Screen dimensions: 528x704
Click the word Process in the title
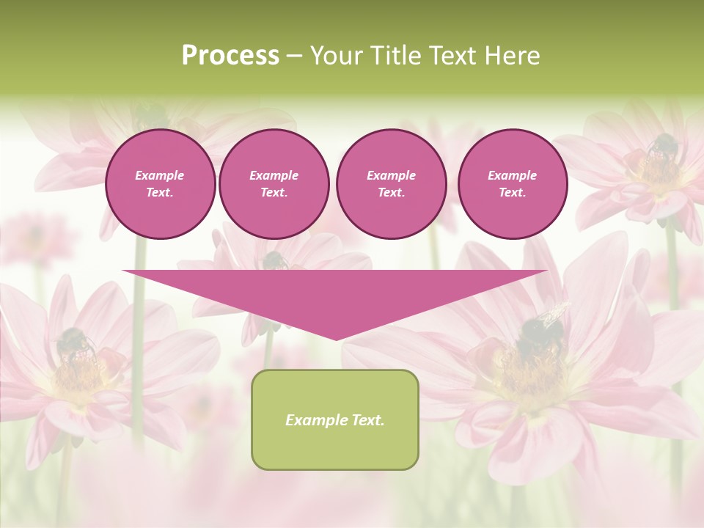coord(230,56)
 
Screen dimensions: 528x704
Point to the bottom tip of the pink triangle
coord(336,338)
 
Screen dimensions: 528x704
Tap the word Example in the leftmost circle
coord(160,175)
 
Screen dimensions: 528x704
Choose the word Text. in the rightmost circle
coord(513,192)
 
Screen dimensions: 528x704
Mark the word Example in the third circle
coord(391,175)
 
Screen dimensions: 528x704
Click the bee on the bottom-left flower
coord(74,343)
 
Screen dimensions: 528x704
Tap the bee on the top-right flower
coord(661,147)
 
